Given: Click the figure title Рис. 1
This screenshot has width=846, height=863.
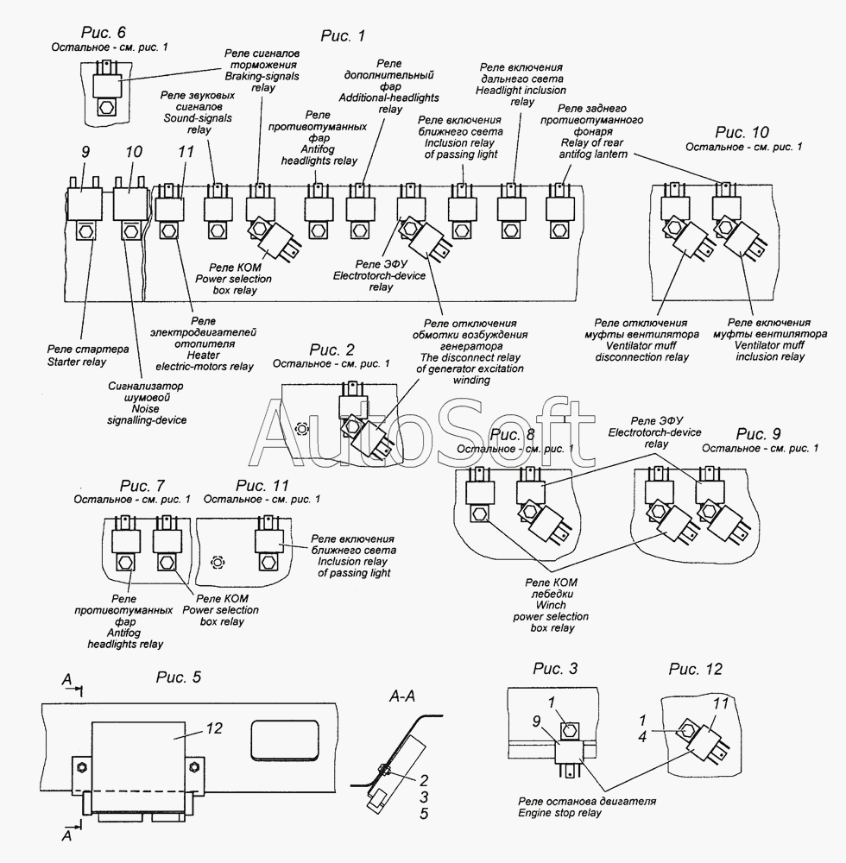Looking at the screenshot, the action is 343,36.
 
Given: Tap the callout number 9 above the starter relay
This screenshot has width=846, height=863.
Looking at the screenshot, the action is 85,152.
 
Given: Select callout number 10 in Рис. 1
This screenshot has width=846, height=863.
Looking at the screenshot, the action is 134,152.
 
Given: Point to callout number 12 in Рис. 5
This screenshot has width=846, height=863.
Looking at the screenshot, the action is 214,728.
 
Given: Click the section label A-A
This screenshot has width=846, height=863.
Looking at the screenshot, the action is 402,696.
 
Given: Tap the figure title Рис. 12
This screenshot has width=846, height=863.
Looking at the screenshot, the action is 695,669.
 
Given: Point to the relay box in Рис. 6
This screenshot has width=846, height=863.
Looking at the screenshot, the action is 107,85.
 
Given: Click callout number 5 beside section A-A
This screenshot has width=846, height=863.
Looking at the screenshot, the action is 424,814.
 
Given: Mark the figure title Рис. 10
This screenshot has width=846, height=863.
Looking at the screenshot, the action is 742,133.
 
